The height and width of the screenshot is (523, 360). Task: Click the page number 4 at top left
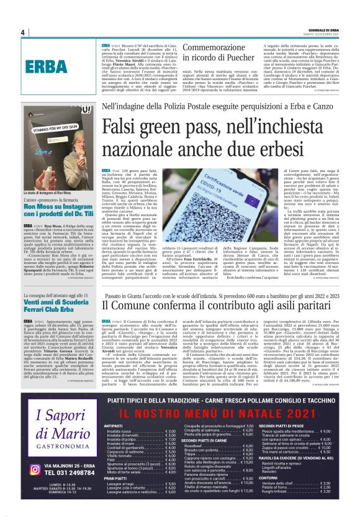click(22, 32)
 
